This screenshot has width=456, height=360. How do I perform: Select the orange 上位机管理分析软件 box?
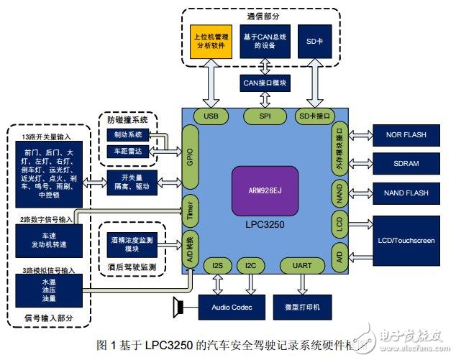click(x=209, y=40)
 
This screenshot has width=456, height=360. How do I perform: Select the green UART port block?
click(x=302, y=266)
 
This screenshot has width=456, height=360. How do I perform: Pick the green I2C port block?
click(x=250, y=266)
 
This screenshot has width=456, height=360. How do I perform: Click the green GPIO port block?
click(x=190, y=152)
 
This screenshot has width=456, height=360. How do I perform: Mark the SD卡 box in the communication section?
click(x=314, y=40)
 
